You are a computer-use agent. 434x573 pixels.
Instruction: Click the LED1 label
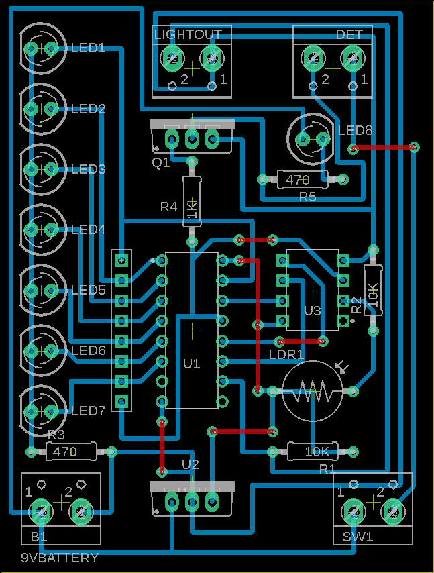(x=89, y=48)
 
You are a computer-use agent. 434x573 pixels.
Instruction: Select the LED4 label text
(x=89, y=230)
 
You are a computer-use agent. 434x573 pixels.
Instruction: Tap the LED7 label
(x=89, y=411)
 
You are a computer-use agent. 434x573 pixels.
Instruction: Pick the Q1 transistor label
(x=161, y=162)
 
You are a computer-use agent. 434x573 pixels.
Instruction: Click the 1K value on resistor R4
(x=193, y=209)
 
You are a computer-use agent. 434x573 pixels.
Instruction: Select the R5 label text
(x=308, y=197)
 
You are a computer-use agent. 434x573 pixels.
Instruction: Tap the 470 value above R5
(x=297, y=180)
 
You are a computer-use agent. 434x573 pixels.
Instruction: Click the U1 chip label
(x=192, y=364)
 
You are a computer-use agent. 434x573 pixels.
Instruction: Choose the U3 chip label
(x=313, y=311)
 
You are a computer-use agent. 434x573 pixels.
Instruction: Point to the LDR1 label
(x=286, y=354)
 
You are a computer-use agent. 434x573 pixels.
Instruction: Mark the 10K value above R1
(x=317, y=452)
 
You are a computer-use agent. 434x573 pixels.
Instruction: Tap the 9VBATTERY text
(x=60, y=558)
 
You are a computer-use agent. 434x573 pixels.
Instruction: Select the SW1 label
(x=356, y=537)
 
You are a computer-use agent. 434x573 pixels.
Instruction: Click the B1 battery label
(x=39, y=537)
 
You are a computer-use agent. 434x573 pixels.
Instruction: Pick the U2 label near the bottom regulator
(x=191, y=464)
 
